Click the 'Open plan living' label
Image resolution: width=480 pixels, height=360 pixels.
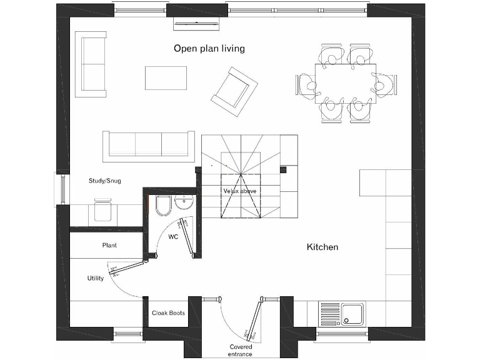[209, 48]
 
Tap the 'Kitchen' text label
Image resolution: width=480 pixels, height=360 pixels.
[322, 247]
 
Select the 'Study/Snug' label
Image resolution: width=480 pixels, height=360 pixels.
[104, 181]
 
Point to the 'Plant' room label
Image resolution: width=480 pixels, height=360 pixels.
[109, 246]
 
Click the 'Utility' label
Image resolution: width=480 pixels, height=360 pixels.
[96, 278]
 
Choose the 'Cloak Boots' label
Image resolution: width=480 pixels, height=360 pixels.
[168, 313]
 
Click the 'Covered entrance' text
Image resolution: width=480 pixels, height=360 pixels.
[241, 350]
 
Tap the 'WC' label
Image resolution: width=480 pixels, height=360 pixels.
[173, 237]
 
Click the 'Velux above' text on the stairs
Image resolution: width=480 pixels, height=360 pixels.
[240, 191]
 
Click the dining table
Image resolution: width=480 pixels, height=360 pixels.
[346, 79]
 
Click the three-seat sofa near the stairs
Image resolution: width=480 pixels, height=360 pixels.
[149, 144]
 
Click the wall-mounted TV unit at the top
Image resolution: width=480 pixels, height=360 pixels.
[197, 23]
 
